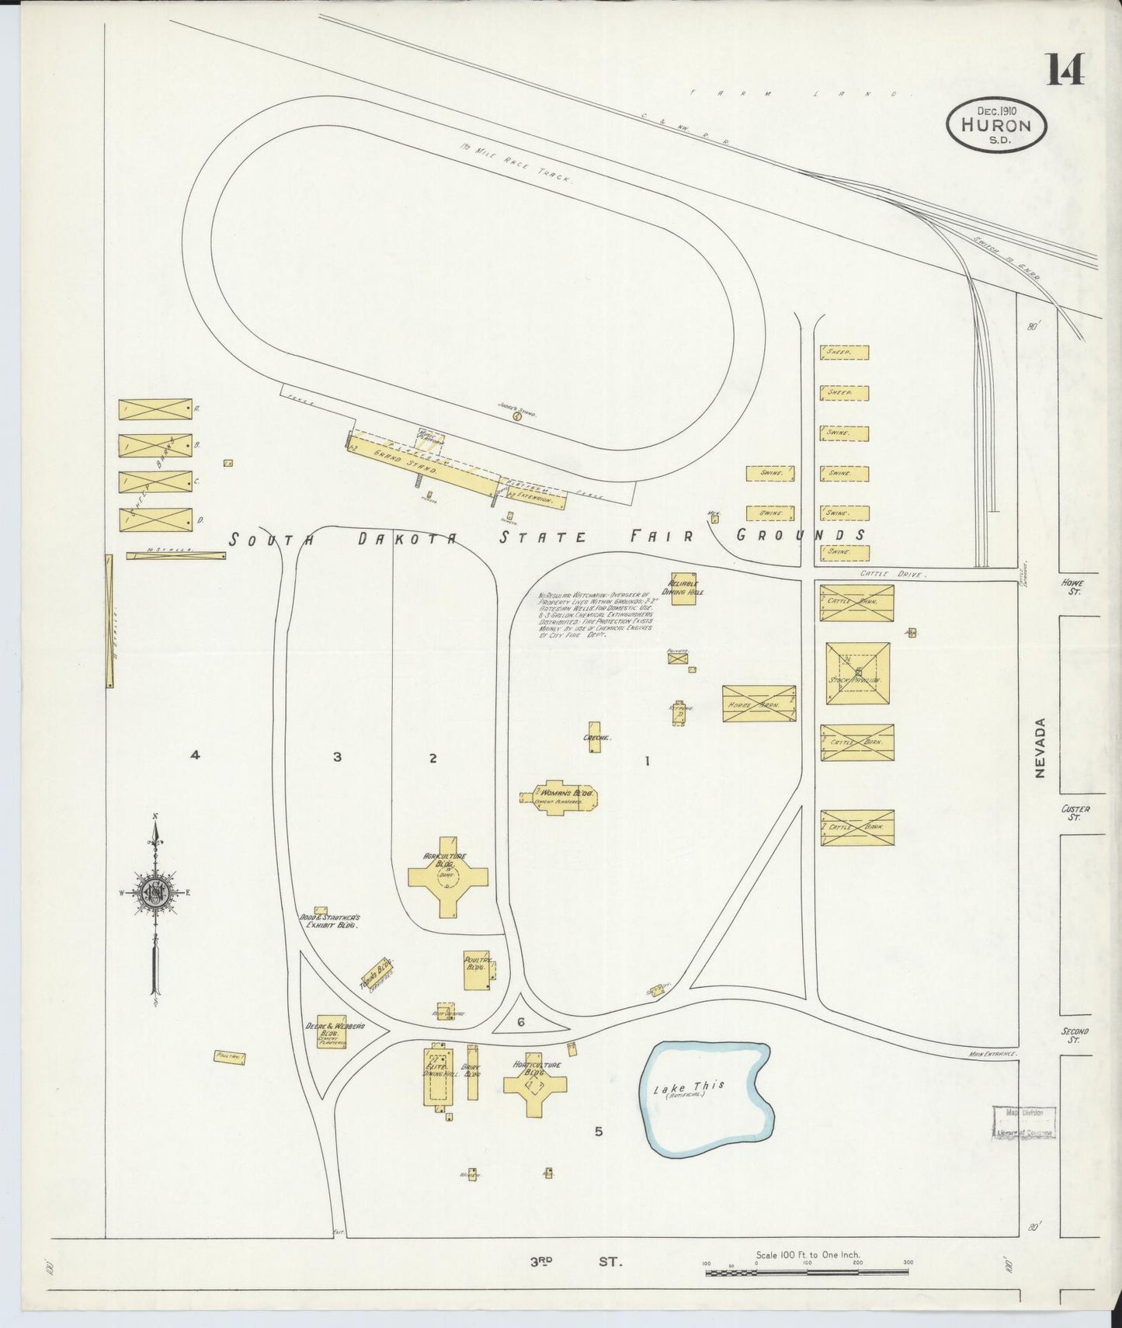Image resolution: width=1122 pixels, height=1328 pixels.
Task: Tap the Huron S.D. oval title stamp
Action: (x=996, y=126)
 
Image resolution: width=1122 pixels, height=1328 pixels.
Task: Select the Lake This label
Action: (x=689, y=1087)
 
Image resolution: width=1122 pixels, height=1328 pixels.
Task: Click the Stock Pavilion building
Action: (x=857, y=673)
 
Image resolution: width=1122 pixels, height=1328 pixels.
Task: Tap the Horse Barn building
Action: (x=759, y=704)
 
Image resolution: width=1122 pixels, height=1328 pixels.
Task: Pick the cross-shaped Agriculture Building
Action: (x=448, y=877)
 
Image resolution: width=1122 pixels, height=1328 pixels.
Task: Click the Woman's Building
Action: (x=559, y=797)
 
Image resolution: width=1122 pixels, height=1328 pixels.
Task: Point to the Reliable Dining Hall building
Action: (x=683, y=589)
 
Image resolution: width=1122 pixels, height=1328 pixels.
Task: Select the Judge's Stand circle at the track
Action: (x=517, y=415)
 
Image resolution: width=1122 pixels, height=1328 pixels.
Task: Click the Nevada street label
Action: (x=1040, y=748)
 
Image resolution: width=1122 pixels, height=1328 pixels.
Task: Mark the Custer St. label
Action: (x=1075, y=812)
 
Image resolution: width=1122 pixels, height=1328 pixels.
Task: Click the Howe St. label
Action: (x=1075, y=587)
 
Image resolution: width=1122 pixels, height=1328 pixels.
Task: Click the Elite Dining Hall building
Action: (x=437, y=1076)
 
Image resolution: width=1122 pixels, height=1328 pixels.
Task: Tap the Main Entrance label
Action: (x=992, y=1054)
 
